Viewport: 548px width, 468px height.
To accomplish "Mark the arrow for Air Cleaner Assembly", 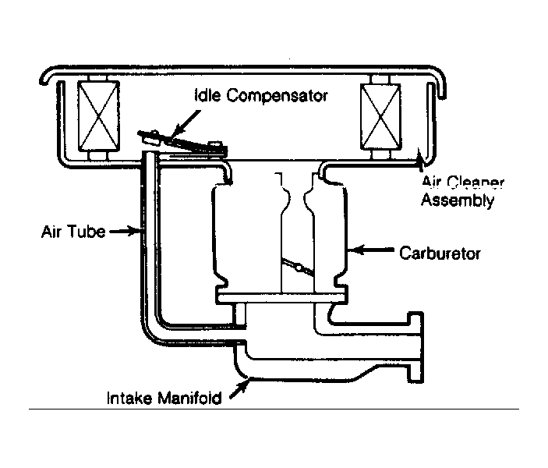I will point(422,161).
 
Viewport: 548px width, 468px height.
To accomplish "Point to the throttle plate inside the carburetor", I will point(296,267).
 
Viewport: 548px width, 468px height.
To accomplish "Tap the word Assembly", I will point(458,200).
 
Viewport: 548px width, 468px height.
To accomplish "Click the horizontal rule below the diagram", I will point(274,409).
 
